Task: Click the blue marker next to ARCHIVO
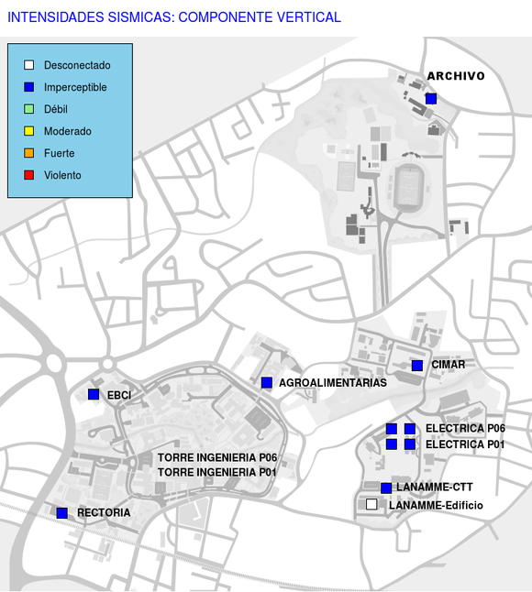[431, 99]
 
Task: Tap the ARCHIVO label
[456, 76]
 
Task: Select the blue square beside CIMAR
[417, 366]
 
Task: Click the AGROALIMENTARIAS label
[332, 383]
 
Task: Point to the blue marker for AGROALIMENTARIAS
[267, 382]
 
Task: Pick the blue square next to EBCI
[94, 394]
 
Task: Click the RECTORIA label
[104, 512]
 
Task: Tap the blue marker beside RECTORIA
[62, 512]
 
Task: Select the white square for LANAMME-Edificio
[371, 504]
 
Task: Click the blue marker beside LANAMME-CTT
[386, 488]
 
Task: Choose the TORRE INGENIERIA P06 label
[217, 457]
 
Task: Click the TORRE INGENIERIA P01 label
[216, 472]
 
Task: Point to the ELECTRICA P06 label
[465, 428]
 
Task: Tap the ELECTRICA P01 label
[465, 444]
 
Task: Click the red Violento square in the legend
[28, 175]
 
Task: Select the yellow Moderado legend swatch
[28, 131]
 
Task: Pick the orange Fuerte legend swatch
[28, 153]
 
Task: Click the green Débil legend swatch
[28, 109]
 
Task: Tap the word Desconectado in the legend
[77, 65]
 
